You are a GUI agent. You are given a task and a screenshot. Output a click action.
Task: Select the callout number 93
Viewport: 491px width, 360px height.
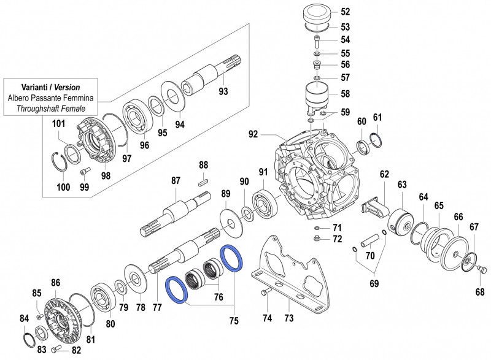pos(223,92)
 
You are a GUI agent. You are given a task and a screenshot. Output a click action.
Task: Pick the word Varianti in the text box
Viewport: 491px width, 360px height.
pos(31,87)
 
